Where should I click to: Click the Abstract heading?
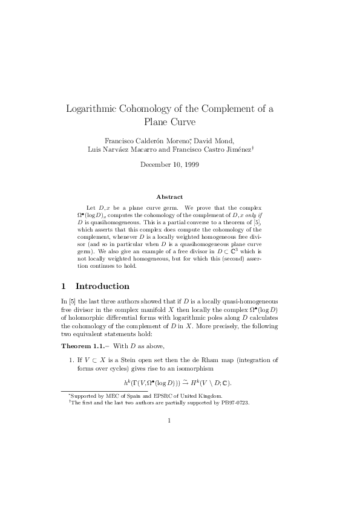tap(169, 196)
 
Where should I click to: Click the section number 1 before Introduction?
tap(64, 286)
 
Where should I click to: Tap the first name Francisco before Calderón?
tap(119, 141)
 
